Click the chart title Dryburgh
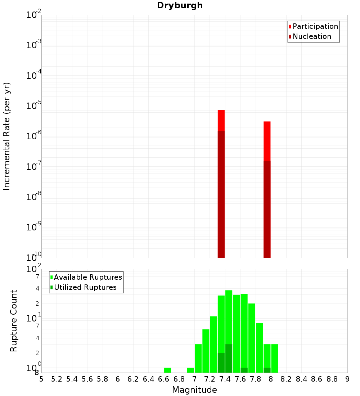(x=180, y=5)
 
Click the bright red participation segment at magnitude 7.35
(x=221, y=120)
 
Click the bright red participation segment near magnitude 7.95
(x=267, y=141)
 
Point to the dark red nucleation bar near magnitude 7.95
(x=267, y=209)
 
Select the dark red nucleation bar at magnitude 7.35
(x=221, y=194)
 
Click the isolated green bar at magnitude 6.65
(x=167, y=370)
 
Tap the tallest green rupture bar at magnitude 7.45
(x=229, y=317)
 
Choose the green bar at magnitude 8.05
(x=275, y=358)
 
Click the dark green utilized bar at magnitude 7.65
(x=244, y=370)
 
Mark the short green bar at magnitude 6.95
(x=190, y=370)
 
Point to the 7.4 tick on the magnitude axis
(x=225, y=379)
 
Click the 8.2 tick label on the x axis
(x=286, y=379)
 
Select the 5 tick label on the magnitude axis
(x=41, y=379)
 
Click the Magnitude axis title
(x=194, y=390)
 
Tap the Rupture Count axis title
(x=14, y=321)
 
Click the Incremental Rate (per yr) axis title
(x=7, y=136)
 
